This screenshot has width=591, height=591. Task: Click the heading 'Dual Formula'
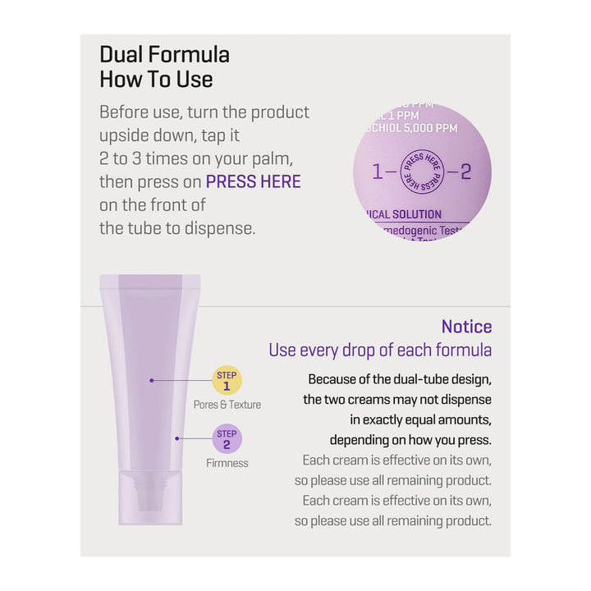tap(164, 55)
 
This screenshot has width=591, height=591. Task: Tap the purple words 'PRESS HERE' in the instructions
tap(253, 181)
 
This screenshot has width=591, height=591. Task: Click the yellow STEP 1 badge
tap(227, 381)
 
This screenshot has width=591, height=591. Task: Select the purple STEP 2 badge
tap(227, 439)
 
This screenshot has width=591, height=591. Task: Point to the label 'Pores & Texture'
tap(227, 405)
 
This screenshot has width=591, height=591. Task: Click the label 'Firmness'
tap(227, 463)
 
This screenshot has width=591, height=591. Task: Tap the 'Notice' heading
tap(466, 327)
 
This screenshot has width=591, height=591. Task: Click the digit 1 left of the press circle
tap(378, 172)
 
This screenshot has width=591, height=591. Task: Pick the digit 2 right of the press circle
tap(466, 172)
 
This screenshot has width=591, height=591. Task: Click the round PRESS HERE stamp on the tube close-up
tap(421, 172)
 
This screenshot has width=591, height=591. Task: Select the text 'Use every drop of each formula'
tap(380, 350)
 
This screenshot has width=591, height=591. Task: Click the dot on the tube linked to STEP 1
tap(152, 380)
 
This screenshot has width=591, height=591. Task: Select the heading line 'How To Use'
tap(156, 80)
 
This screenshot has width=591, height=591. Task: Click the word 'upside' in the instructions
tap(122, 135)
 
